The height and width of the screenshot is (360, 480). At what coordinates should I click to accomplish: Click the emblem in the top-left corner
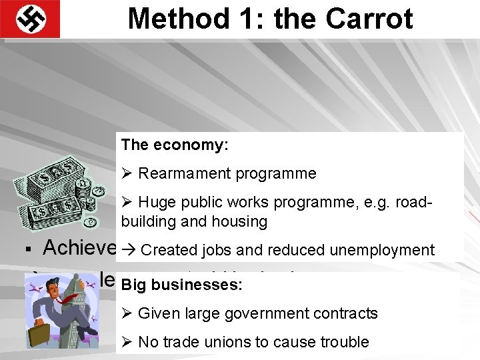(30, 19)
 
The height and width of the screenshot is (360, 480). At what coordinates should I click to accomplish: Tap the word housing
(241, 221)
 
